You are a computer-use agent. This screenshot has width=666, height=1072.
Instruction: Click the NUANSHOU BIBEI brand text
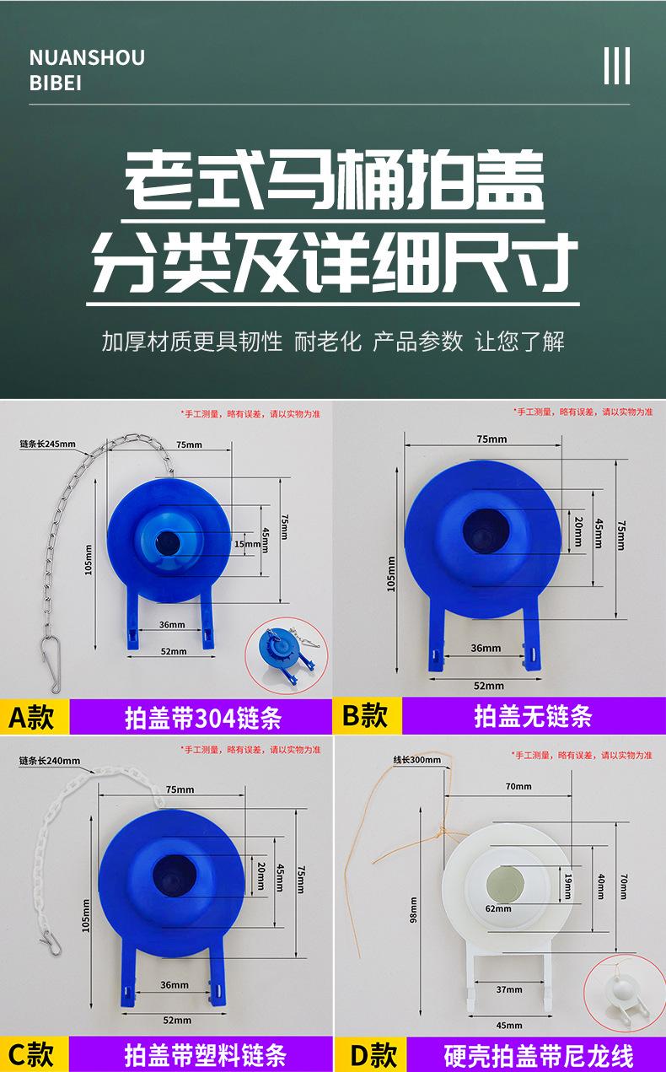(x=87, y=70)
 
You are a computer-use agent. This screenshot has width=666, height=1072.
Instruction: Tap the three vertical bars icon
(x=617, y=66)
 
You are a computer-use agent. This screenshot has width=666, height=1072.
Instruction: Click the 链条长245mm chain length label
(x=47, y=444)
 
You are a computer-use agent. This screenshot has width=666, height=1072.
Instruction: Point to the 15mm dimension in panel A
(x=247, y=544)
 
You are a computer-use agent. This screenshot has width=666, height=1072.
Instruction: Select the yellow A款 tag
(x=35, y=716)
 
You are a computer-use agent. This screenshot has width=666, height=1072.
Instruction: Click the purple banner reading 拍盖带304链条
(x=201, y=716)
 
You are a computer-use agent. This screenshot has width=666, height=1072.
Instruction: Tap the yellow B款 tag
(x=368, y=715)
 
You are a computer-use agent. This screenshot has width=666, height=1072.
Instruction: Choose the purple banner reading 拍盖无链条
(x=534, y=715)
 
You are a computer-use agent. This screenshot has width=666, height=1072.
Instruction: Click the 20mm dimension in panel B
(x=578, y=531)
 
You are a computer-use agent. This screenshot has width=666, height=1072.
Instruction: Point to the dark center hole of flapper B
(x=486, y=531)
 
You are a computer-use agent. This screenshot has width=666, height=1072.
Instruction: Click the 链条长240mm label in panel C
(x=50, y=761)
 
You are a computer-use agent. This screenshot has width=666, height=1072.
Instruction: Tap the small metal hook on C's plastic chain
(x=51, y=941)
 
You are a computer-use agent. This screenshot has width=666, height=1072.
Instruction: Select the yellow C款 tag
(x=35, y=1053)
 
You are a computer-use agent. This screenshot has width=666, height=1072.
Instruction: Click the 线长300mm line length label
(x=417, y=759)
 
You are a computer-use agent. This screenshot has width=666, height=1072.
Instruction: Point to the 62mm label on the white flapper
(x=498, y=908)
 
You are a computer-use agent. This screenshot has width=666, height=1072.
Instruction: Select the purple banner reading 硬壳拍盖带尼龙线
(x=537, y=1053)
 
